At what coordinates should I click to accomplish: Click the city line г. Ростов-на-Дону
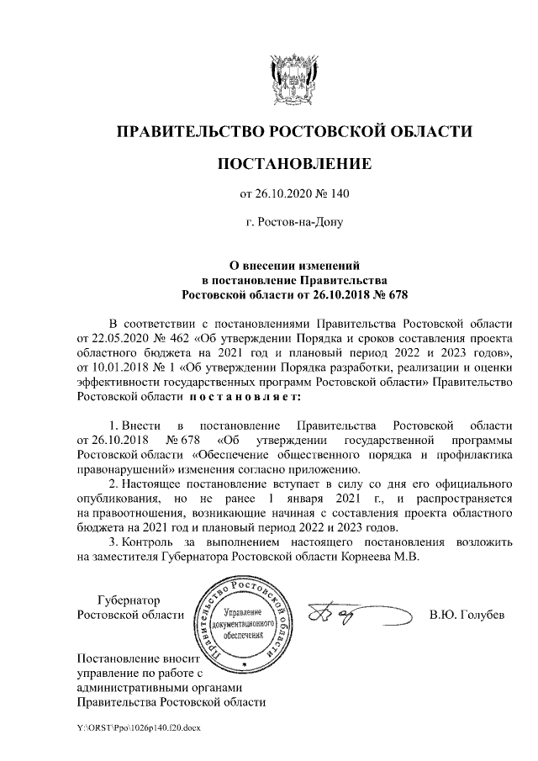pos(293,224)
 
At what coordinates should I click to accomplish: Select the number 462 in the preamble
pos(179,339)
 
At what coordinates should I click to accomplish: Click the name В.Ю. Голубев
pos(467,615)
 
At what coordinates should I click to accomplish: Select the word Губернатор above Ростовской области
pos(127,600)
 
